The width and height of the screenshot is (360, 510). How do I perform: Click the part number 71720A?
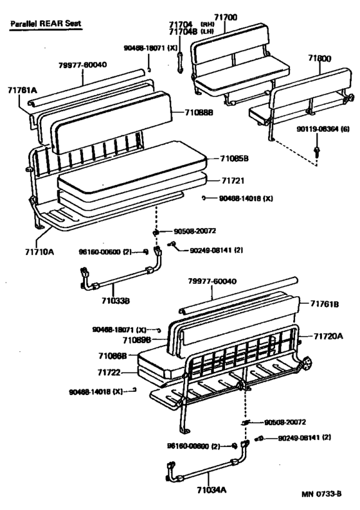point(328,335)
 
